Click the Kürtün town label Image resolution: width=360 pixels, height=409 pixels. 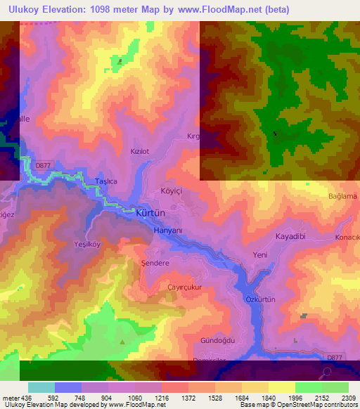click(x=149, y=212)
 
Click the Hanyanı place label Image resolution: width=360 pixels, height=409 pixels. click(x=168, y=231)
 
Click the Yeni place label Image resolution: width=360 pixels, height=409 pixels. click(x=260, y=255)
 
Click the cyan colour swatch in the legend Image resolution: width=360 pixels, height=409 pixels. click(x=41, y=387)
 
